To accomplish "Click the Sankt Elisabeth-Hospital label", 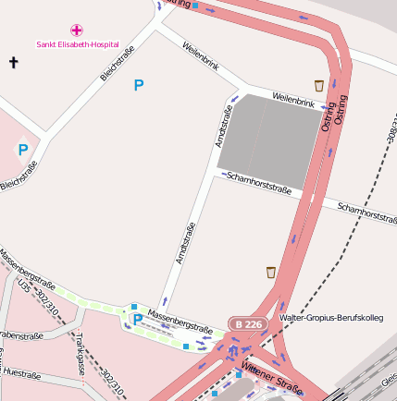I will (x=78, y=43).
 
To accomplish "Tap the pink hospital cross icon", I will (x=77, y=30).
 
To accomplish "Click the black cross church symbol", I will (x=13, y=63).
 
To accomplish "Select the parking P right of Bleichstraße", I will (x=139, y=85).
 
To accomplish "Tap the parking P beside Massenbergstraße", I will (x=138, y=320).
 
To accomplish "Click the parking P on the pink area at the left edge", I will (x=23, y=150).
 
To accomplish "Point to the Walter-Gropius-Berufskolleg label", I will (x=330, y=317).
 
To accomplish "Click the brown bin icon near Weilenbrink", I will (x=319, y=85).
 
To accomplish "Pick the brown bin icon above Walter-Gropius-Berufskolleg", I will (x=270, y=272).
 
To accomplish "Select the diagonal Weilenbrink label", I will (x=201, y=57).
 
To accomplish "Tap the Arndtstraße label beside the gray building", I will (x=223, y=127).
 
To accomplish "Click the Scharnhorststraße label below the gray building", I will (x=258, y=183).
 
